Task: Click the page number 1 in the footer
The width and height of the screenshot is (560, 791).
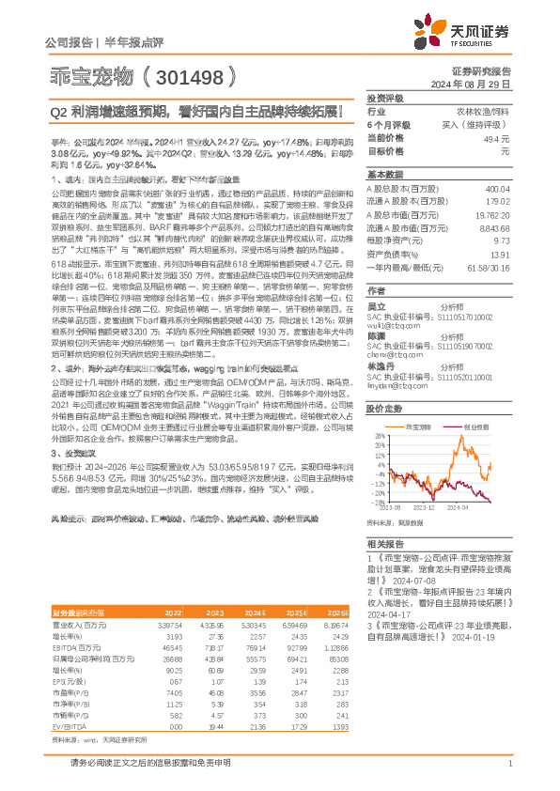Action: tap(508, 775)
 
